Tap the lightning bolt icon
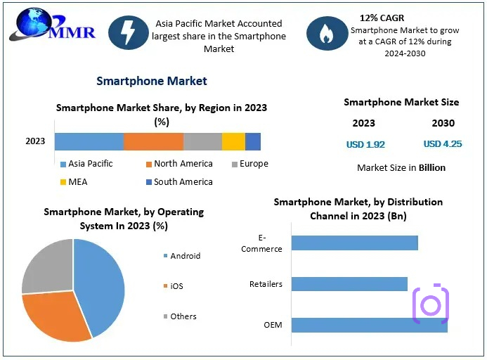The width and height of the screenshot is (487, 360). point(128,32)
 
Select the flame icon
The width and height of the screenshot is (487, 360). point(326,33)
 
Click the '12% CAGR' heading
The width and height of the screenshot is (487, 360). point(382,18)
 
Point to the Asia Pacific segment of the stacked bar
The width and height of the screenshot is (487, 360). point(89,141)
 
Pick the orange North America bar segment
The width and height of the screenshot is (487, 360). point(153,141)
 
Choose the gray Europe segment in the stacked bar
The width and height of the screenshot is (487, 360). point(202,141)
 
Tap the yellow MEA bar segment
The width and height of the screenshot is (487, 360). point(233,141)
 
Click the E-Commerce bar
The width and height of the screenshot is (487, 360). point(354,243)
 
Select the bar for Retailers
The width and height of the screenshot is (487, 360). point(349,284)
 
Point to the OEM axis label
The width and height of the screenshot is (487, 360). point(273,325)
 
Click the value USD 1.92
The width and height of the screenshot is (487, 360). point(365,144)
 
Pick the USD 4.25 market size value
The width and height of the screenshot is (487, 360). point(442,144)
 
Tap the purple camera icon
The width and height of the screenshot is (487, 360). point(430,304)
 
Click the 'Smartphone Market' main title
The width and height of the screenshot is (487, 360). point(152,81)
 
